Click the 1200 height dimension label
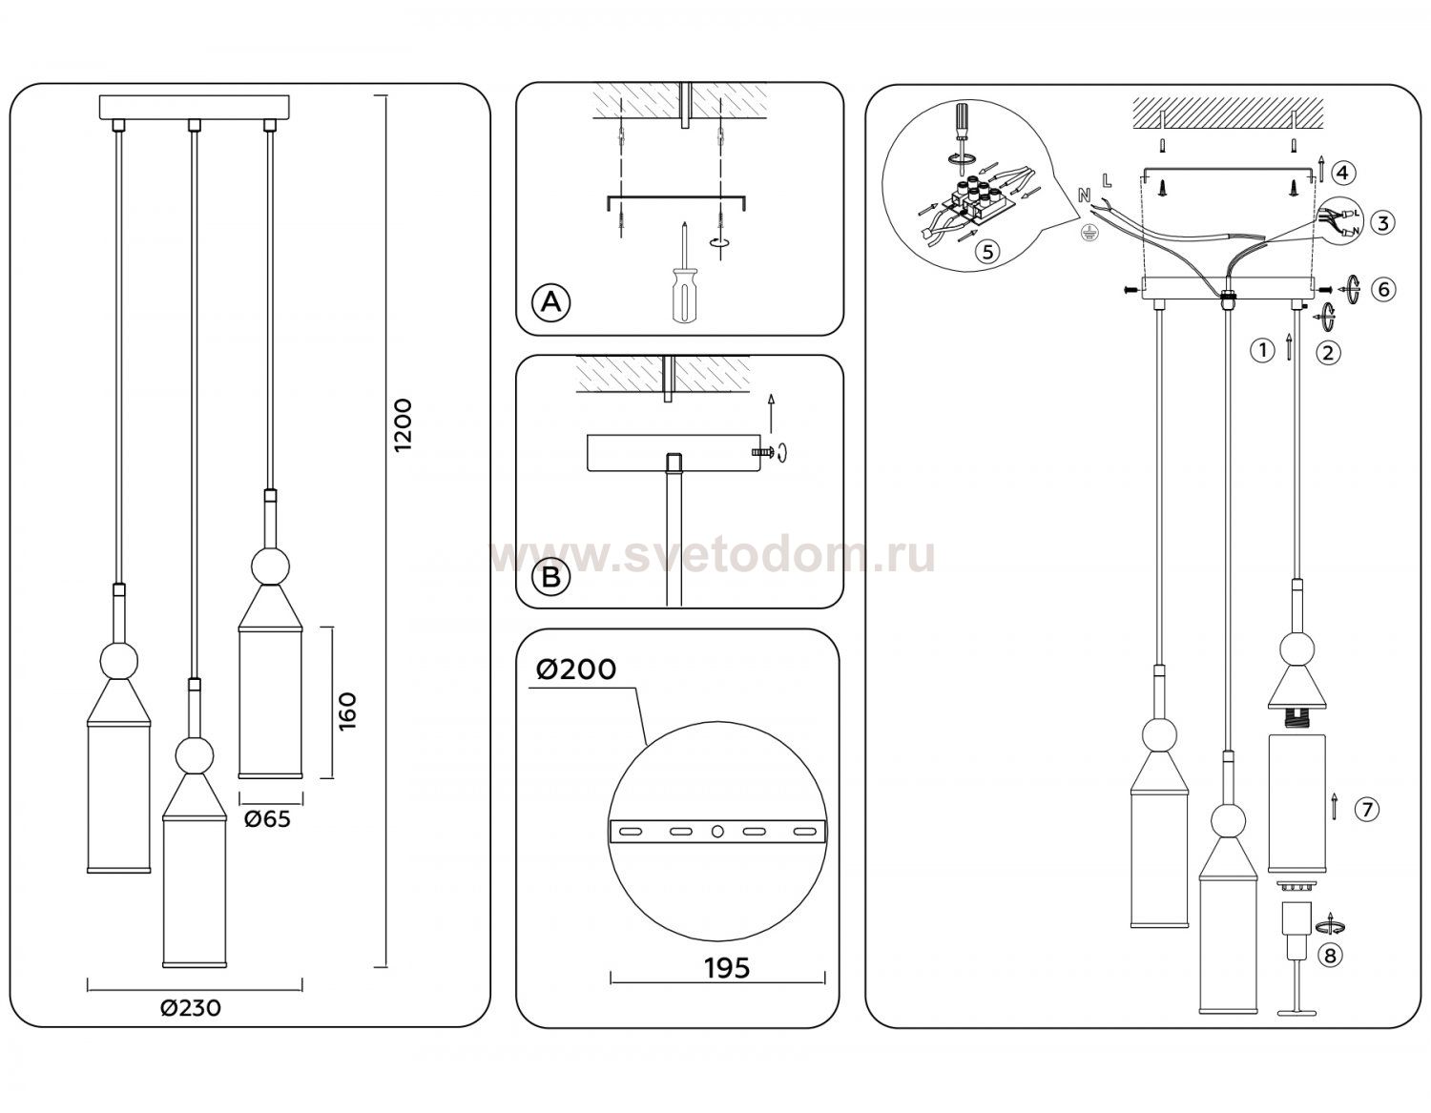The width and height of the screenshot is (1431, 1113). pyautogui.click(x=403, y=424)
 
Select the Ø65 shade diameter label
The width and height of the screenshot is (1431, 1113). pyautogui.click(x=267, y=819)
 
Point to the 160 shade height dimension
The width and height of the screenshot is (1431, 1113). pyautogui.click(x=346, y=711)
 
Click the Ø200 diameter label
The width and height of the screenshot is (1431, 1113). pyautogui.click(x=576, y=670)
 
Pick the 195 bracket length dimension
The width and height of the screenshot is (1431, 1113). pyautogui.click(x=727, y=968)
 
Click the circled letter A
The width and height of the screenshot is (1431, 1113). pyautogui.click(x=550, y=302)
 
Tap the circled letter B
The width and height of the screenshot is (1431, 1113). pyautogui.click(x=550, y=577)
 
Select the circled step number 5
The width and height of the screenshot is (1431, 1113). pyautogui.click(x=987, y=251)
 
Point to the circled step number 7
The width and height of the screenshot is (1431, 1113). pyautogui.click(x=1366, y=809)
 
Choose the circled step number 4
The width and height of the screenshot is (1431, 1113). pyautogui.click(x=1343, y=173)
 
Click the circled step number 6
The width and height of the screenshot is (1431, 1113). pyautogui.click(x=1383, y=289)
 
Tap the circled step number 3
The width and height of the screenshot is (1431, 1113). pyautogui.click(x=1382, y=222)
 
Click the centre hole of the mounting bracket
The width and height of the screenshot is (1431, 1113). pyautogui.click(x=717, y=832)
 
